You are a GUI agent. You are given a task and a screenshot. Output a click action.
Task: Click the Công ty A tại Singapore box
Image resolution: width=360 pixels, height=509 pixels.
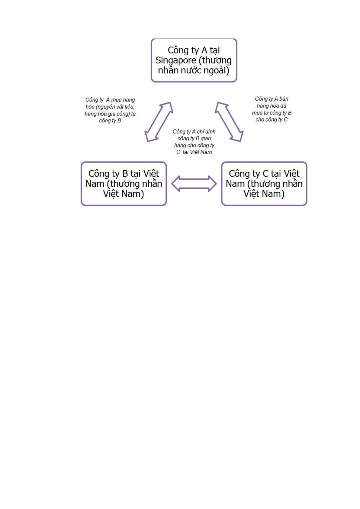pyautogui.click(x=194, y=60)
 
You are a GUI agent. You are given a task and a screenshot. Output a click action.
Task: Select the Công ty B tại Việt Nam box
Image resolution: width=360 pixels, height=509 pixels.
pyautogui.click(x=124, y=183)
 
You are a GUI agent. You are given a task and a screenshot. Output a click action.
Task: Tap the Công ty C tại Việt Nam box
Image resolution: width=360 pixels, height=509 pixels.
pyautogui.click(x=264, y=183)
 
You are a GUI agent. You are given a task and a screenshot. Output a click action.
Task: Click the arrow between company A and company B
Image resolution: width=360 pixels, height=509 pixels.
pyautogui.click(x=159, y=122)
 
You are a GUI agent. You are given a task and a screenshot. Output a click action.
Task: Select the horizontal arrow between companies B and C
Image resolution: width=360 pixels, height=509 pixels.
pyautogui.click(x=194, y=183)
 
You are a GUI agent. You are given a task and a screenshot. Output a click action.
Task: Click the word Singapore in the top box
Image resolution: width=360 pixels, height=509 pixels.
pyautogui.click(x=176, y=61)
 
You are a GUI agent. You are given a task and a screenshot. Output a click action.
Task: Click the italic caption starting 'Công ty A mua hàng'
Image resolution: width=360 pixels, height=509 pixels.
pyautogui.click(x=110, y=110)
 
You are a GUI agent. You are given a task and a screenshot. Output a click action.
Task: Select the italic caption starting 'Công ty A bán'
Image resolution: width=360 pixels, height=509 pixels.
pyautogui.click(x=272, y=109)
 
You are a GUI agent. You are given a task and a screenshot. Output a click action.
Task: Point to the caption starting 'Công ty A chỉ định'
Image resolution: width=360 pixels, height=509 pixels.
pyautogui.click(x=194, y=142)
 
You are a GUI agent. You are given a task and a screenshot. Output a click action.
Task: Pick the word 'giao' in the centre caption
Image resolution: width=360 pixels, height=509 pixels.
pyautogui.click(x=206, y=138)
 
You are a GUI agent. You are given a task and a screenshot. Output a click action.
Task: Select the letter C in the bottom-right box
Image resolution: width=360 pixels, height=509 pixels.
pyautogui.click(x=265, y=174)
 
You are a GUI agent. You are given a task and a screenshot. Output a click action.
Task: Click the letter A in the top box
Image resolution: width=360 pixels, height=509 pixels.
pyautogui.click(x=204, y=50)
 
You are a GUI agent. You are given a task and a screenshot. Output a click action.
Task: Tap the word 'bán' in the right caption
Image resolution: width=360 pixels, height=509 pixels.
pyautogui.click(x=284, y=99)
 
